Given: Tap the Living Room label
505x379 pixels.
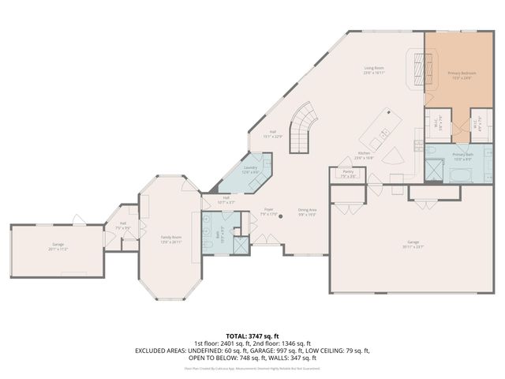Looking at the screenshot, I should [374, 69].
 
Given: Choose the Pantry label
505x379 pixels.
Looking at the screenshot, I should [348, 173].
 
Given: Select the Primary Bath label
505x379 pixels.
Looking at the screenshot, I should [463, 155].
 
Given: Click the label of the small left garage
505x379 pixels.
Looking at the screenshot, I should [58, 246].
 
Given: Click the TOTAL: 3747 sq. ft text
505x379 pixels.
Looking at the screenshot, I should [252, 336].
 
